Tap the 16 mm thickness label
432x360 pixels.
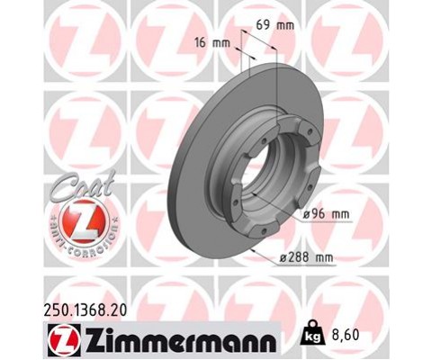[211, 42]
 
